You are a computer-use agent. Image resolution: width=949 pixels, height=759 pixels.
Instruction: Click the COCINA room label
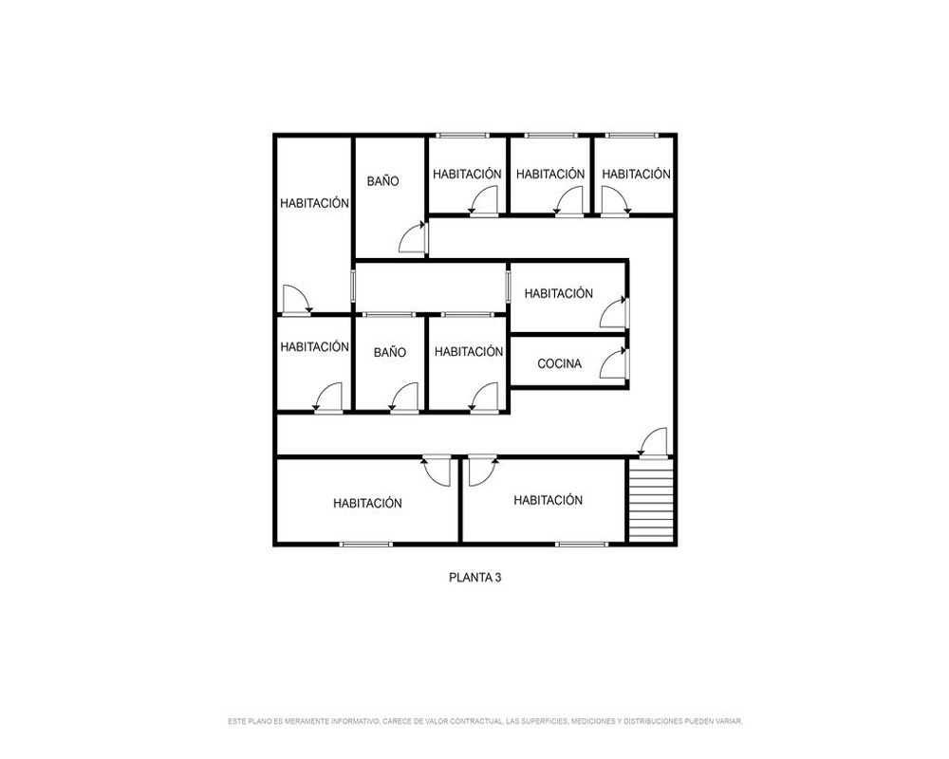point(559,363)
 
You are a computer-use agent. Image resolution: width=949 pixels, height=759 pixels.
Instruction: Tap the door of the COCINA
point(614,363)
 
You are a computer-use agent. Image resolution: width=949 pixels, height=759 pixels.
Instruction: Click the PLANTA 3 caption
point(475,578)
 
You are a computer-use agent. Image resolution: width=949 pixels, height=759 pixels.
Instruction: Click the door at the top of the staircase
point(653,442)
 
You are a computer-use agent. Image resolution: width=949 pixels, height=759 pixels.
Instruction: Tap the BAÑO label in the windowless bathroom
point(383,181)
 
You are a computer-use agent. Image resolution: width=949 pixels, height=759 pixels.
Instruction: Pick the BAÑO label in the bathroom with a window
point(390,352)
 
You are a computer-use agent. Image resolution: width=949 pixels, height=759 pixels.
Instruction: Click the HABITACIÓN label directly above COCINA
point(559,293)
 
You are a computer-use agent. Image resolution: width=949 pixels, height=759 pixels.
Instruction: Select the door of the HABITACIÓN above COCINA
point(614,312)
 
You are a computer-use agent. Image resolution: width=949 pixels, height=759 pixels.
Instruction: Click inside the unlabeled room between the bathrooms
point(430,287)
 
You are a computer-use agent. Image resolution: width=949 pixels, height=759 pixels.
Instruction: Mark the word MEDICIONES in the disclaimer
point(593,721)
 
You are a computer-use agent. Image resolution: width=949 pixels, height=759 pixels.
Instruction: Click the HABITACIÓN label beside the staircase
point(549,500)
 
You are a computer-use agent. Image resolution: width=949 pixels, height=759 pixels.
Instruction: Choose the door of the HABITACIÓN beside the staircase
point(483,471)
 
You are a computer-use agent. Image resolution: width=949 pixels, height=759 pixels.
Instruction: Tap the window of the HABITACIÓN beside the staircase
point(582,545)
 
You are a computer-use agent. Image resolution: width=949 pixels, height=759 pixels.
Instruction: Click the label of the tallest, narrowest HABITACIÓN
point(315,203)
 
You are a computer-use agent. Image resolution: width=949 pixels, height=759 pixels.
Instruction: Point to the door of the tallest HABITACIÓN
point(297,300)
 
